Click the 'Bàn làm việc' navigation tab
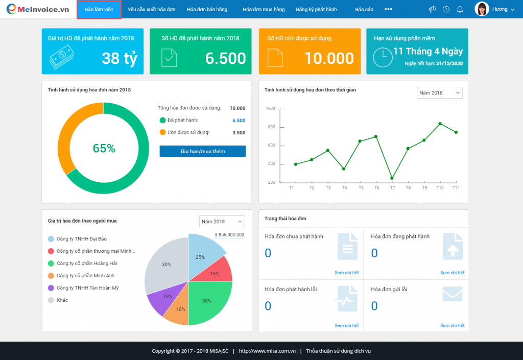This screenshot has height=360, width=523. (99, 9)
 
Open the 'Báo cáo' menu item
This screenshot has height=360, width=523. (364, 9)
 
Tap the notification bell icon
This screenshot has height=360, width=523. (460, 9)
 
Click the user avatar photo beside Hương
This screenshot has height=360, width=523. (482, 9)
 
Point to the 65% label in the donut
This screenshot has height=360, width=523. (104, 148)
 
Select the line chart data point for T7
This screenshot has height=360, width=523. (392, 178)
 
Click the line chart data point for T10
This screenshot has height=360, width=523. (440, 124)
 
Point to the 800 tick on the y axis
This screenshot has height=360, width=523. (271, 127)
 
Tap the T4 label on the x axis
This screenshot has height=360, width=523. (345, 188)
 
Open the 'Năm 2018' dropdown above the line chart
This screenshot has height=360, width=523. (440, 92)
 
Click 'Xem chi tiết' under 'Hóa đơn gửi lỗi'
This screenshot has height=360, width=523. (453, 325)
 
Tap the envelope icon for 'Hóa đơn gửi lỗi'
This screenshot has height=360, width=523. (453, 294)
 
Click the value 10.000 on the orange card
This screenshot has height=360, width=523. (329, 58)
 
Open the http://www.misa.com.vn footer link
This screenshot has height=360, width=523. (267, 351)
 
